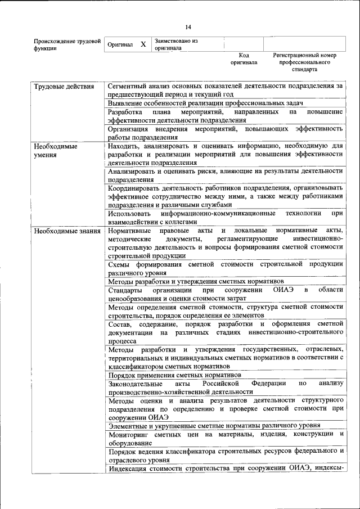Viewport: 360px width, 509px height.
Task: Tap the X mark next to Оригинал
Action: point(143,44)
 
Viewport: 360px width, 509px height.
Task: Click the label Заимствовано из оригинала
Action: point(177,44)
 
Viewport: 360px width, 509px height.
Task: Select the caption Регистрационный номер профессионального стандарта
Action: point(304,62)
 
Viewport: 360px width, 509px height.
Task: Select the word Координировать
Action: point(136,187)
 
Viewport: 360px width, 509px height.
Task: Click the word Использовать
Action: point(130,214)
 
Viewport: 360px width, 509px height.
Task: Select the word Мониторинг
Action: point(130,435)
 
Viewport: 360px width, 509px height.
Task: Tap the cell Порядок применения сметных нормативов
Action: point(175,375)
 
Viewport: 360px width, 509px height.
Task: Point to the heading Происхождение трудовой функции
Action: point(67,45)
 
